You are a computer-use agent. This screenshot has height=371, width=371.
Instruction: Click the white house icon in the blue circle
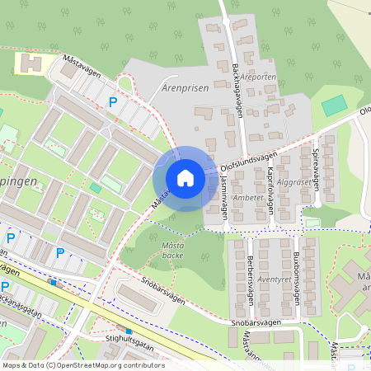tap(185, 178)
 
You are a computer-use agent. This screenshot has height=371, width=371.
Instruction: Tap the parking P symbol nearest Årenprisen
tap(112, 102)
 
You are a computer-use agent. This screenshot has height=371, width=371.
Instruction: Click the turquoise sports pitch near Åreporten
tap(334, 106)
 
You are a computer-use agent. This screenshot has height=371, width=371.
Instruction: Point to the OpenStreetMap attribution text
tap(82, 365)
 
